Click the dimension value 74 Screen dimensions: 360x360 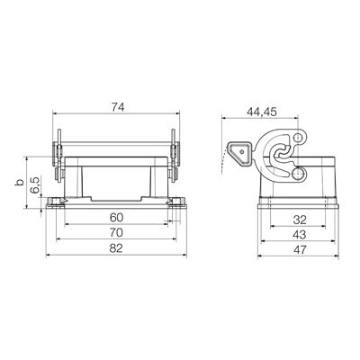point(117,107)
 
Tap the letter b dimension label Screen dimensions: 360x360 point(17,184)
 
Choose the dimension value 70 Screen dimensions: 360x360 point(117,233)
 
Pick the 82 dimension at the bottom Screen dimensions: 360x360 point(117,247)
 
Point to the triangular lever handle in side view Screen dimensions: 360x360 point(242,155)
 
